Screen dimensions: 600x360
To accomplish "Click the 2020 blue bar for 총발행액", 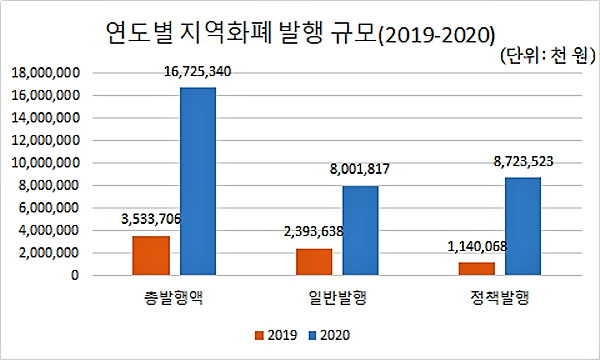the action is tap(198, 181).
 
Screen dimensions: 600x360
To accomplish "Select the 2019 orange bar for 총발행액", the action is tap(151, 256).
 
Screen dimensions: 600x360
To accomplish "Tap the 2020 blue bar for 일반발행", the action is tap(360, 231).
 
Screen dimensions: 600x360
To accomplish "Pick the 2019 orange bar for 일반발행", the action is tap(314, 262).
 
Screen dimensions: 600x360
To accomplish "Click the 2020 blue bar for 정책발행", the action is tap(523, 226).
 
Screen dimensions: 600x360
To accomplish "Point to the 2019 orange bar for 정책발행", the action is tap(477, 269).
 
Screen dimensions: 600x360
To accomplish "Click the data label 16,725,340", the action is tap(197, 72).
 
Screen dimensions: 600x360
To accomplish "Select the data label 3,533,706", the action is tap(151, 219).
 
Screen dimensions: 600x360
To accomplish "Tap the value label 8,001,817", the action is tap(360, 169).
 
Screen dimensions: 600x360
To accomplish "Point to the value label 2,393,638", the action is tap(314, 231).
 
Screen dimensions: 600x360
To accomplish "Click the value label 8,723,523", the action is tap(523, 161).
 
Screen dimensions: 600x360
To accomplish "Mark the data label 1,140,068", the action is tap(477, 247).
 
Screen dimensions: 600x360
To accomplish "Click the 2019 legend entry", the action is tap(276, 335).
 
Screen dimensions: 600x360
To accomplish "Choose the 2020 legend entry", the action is tap(329, 335).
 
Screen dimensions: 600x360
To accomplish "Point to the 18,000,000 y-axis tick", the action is tap(46, 73).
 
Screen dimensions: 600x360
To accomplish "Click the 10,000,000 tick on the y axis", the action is tap(46, 163).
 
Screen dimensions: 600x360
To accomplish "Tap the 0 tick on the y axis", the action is tap(75, 275).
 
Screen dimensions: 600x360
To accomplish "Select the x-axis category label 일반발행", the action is tap(338, 298).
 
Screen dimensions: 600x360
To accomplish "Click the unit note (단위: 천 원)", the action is tap(548, 56).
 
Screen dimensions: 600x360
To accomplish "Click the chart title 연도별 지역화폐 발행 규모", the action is tap(242, 34).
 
